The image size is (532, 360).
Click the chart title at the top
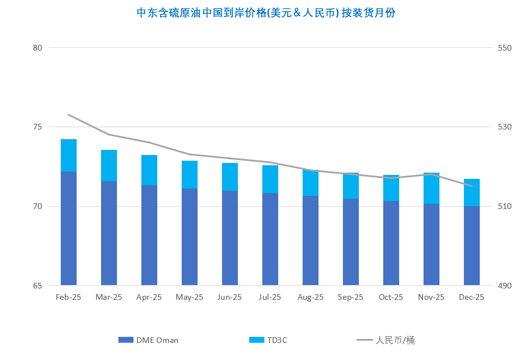266,13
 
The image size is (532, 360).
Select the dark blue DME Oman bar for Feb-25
69,227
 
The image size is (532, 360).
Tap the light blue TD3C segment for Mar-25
109,165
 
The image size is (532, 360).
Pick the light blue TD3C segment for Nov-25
432,188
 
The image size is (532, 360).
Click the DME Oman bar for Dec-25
472,245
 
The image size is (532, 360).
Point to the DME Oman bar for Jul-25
270,238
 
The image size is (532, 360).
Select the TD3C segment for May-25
190,174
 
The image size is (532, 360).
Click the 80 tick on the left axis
38,48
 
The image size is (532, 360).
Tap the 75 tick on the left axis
38,127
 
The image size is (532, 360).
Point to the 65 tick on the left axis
38,285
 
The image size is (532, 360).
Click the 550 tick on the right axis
505,48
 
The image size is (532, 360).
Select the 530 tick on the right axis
505,127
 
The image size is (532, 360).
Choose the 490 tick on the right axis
505,285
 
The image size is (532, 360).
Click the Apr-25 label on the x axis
149,297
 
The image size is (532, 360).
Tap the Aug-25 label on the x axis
311,297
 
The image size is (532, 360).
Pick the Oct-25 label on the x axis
391,297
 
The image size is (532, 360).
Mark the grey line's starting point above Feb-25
69,115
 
